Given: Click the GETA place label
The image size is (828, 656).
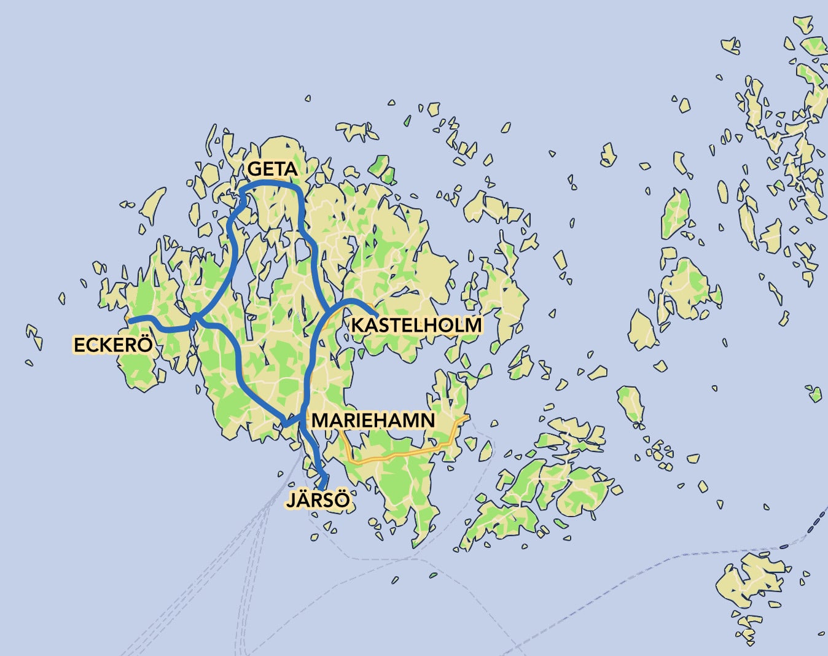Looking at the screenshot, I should (x=272, y=169).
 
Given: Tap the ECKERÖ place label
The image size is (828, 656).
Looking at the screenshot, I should (x=112, y=345).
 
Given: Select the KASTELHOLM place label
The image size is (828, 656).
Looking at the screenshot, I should (x=416, y=325).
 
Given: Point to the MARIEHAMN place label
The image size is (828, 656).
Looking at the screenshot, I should (x=373, y=421).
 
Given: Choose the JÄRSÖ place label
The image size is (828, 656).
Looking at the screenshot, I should (x=318, y=500).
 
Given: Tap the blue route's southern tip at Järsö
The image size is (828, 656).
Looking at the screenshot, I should (x=322, y=488).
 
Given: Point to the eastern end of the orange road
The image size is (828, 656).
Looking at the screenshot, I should (x=468, y=417).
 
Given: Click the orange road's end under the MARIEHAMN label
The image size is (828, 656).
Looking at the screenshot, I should (x=340, y=430).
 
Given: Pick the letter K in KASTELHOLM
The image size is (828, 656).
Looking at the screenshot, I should (x=357, y=325).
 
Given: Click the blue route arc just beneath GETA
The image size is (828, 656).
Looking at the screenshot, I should (x=271, y=183).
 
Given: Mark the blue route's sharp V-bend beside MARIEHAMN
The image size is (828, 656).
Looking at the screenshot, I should (x=284, y=424).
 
